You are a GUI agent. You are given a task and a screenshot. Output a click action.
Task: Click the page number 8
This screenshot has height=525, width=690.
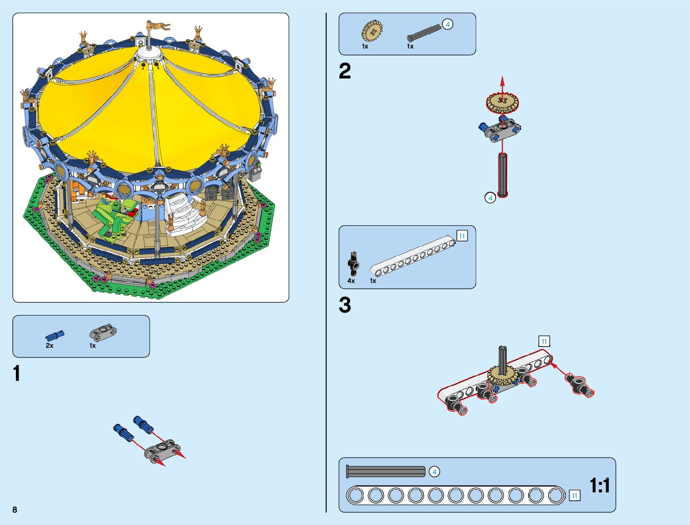[x=15, y=510]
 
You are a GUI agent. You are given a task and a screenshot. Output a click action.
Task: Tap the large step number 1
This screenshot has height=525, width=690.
[x=17, y=374]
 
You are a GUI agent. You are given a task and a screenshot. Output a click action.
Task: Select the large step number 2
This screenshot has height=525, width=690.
[x=345, y=71]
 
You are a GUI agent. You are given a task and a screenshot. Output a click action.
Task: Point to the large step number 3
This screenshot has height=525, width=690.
[x=345, y=305]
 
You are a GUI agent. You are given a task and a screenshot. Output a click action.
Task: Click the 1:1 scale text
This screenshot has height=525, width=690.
[x=600, y=485]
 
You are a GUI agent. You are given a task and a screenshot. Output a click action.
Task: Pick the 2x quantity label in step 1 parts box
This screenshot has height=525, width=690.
[x=49, y=346]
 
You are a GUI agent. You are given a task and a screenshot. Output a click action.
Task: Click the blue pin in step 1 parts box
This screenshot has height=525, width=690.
[x=55, y=335]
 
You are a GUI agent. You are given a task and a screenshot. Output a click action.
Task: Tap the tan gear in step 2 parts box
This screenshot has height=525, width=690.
[x=372, y=31]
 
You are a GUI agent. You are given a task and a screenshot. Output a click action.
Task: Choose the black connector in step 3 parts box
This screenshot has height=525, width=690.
[x=353, y=264]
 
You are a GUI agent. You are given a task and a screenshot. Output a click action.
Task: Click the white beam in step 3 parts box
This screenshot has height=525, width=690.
[x=412, y=256]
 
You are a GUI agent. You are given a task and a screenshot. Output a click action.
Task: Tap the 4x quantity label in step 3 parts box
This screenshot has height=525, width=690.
[x=351, y=281]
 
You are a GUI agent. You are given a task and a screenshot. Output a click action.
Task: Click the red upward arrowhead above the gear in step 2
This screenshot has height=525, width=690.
[x=502, y=80]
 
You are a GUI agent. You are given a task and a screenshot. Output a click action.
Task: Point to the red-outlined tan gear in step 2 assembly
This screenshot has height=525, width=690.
[x=502, y=102]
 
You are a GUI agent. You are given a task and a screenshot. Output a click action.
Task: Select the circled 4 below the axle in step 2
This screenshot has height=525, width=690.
[x=490, y=198]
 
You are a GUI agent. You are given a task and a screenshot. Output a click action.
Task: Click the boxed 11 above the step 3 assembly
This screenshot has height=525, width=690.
[x=544, y=341]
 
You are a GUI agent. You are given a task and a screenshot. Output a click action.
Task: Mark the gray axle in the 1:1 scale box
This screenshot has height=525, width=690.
[x=386, y=472]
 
